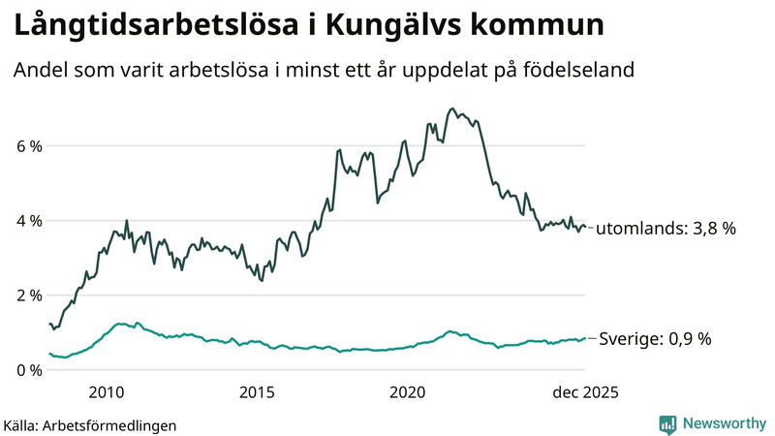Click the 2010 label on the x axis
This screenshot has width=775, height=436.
click(107, 392)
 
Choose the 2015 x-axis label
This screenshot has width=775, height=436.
click(257, 392)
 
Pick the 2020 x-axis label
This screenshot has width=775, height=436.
click(408, 392)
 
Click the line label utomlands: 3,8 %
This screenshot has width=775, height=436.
click(666, 229)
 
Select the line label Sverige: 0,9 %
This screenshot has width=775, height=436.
click(654, 339)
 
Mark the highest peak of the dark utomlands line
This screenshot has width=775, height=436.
click(452, 109)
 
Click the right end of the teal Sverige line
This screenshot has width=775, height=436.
click(585, 338)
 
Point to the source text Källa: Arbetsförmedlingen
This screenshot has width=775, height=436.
click(90, 424)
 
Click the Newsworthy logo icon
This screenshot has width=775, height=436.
click(667, 423)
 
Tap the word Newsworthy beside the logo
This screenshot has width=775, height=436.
click(723, 423)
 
